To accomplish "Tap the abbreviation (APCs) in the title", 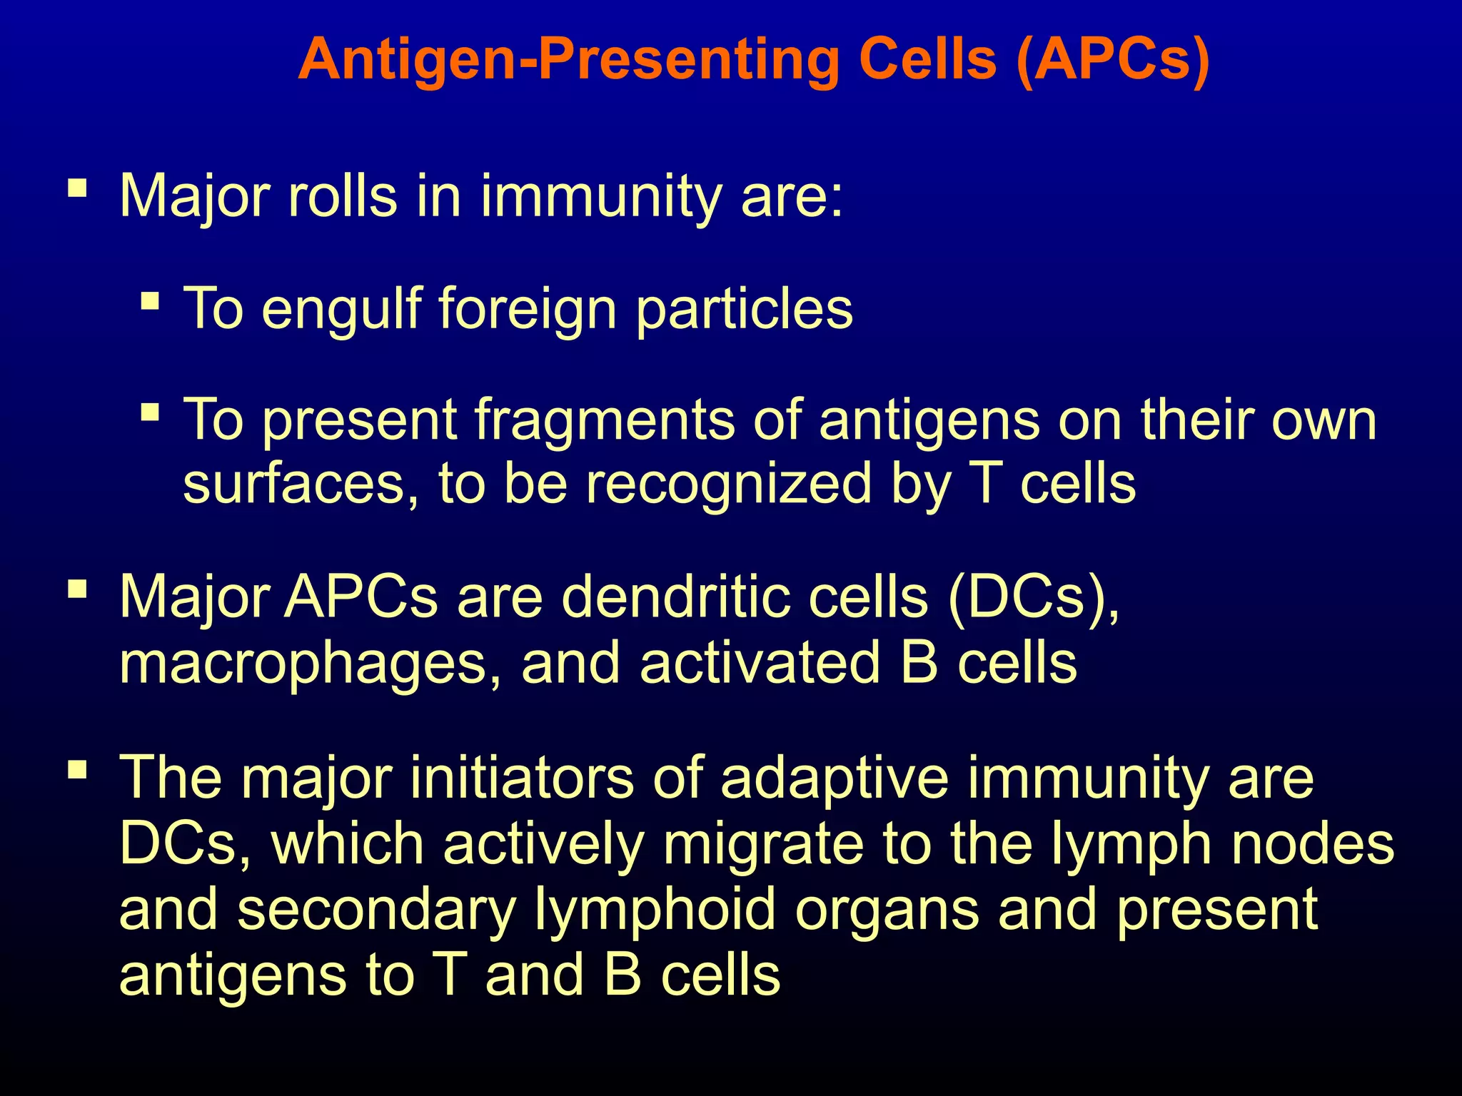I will point(1112,61).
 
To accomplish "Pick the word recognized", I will point(729,484).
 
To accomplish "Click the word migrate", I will point(762,844).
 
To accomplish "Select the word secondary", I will point(376,910).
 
